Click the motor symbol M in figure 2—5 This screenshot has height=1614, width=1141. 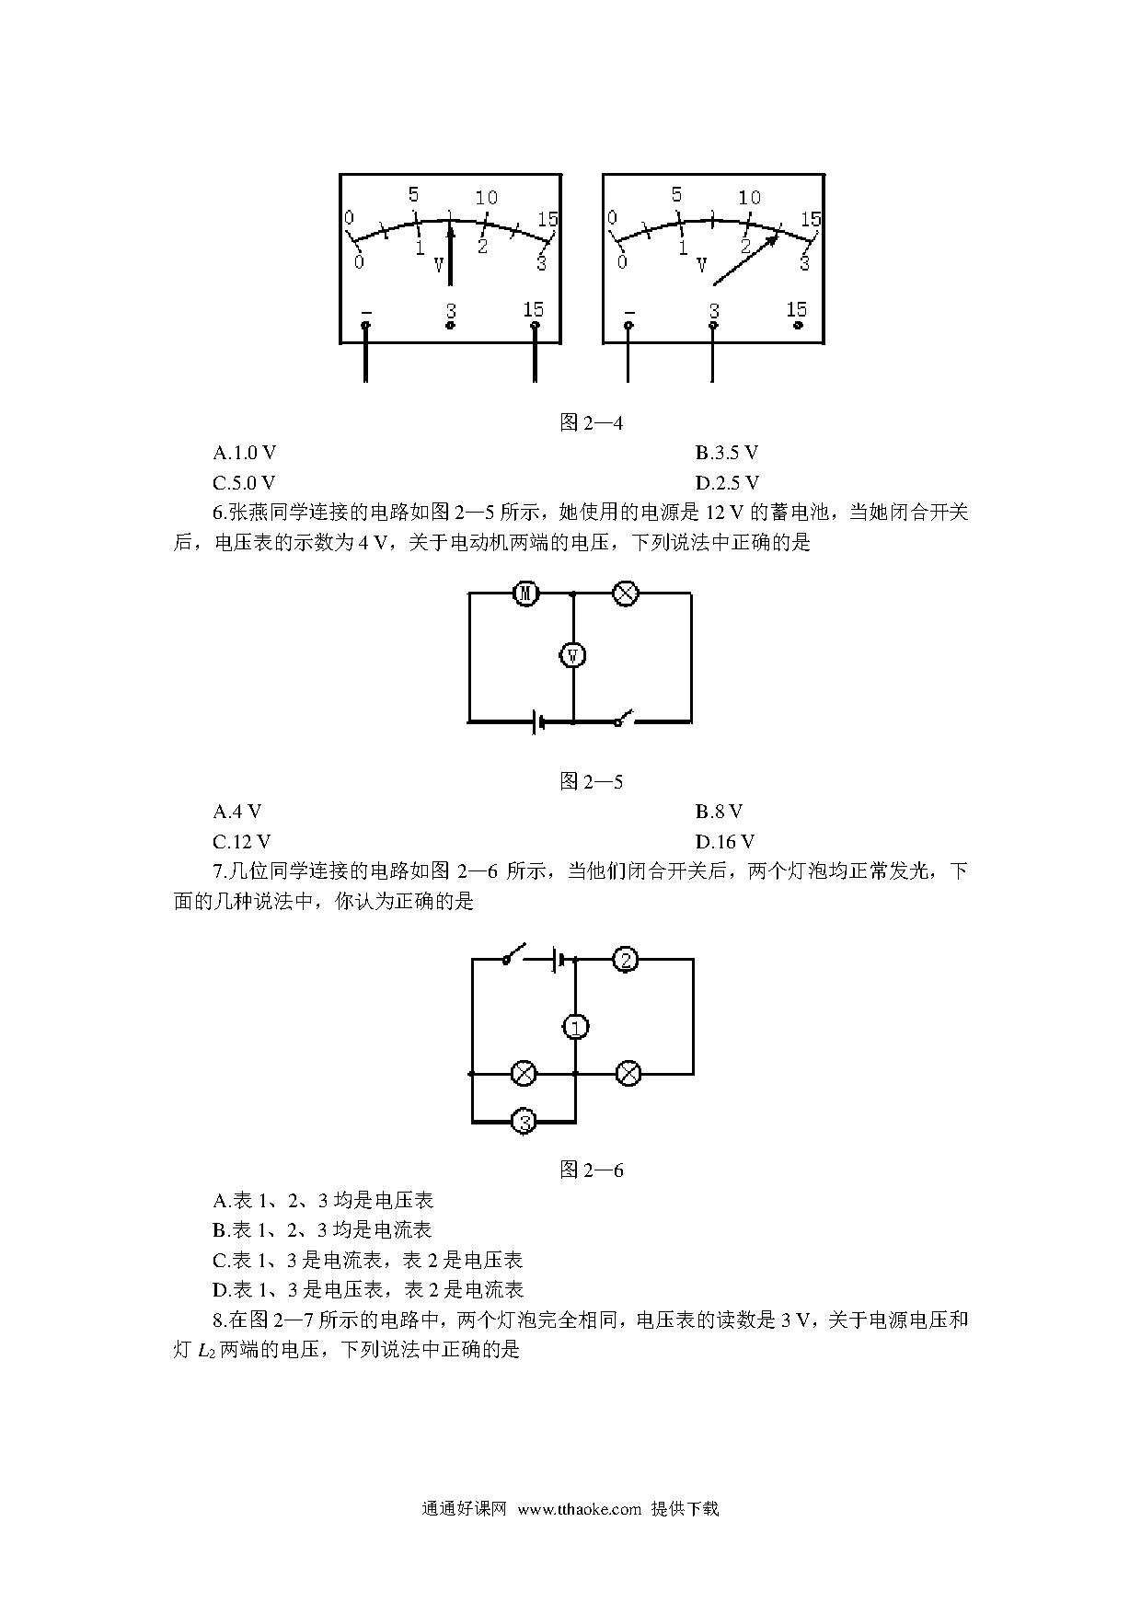coord(525,594)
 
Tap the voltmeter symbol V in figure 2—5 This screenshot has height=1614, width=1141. coord(573,655)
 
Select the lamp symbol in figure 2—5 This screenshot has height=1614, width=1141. coord(626,594)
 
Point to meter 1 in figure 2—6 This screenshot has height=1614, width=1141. coord(575,1027)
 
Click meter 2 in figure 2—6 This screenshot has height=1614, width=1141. coord(627,961)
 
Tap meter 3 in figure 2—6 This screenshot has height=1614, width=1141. coord(524,1122)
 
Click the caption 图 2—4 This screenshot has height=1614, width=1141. coord(592,423)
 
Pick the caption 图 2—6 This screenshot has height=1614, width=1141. coord(592,1170)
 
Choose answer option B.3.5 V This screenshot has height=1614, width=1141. coord(727,453)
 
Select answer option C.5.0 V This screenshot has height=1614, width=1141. coord(245,483)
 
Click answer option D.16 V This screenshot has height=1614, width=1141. coord(725,842)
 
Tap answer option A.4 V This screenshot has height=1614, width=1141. coord(237,812)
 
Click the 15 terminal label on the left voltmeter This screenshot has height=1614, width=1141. coord(534,309)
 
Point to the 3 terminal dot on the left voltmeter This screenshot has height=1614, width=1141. coord(450,325)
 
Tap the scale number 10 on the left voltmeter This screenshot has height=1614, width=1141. coord(486,198)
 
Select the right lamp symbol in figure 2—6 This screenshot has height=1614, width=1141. coord(628,1073)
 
